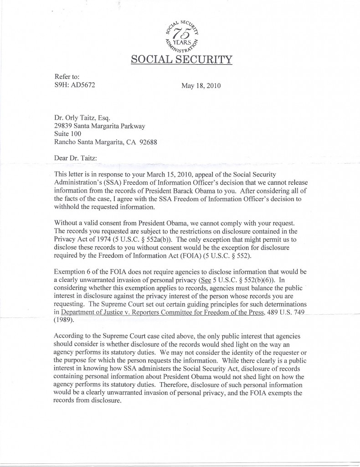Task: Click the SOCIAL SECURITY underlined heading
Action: [x=181, y=59]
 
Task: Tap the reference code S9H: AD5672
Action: [x=75, y=84]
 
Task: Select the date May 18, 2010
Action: [x=201, y=85]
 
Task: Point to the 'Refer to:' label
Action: [x=67, y=77]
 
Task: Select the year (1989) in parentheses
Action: [x=66, y=320]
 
